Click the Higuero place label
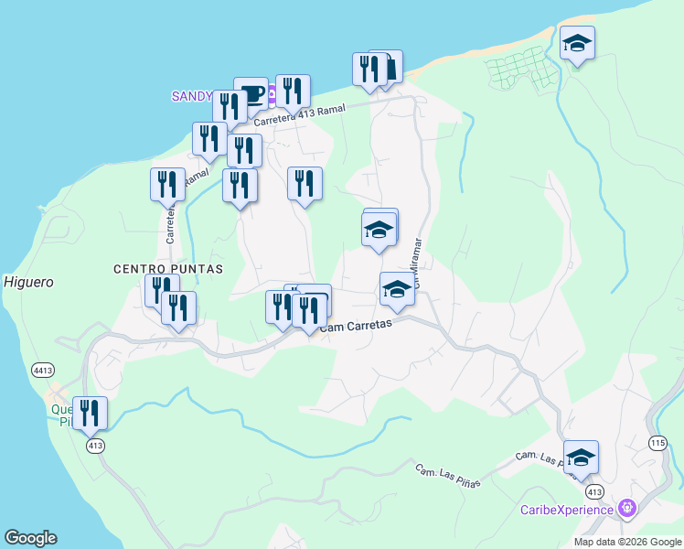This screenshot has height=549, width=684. coord(27,282)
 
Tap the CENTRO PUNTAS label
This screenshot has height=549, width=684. coord(168,269)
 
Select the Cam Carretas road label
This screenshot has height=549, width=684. coord(356,325)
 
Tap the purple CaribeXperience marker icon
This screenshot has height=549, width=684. coord(627,507)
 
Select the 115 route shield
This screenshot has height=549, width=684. coord(657,443)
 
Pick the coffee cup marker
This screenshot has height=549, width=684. coord(251,94)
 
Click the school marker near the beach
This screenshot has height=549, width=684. coord(577,44)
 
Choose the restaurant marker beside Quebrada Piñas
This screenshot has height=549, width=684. coord(90,414)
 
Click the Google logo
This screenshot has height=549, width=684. coord(30,538)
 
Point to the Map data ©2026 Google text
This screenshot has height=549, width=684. coord(626,542)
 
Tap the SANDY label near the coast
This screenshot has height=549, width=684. coord(192,96)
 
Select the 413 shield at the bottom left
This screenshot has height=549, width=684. coord(96,446)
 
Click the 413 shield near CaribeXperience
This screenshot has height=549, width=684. coord(593,491)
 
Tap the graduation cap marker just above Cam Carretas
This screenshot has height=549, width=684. coord(396,290)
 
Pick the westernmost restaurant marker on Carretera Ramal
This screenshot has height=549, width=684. coord(167,185)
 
